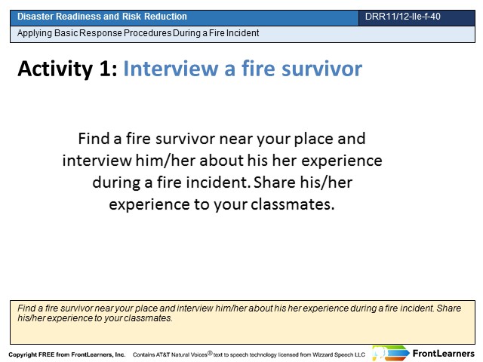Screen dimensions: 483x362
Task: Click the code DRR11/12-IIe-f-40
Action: click(x=402, y=17)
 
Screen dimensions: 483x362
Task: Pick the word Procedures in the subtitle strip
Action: click(x=148, y=33)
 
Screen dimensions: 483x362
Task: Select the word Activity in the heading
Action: click(x=55, y=69)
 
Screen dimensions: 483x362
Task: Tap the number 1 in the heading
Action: click(x=107, y=69)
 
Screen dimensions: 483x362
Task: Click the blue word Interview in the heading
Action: click(x=171, y=69)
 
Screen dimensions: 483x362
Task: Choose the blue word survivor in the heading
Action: click(x=322, y=69)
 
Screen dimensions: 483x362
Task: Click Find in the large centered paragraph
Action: click(x=94, y=139)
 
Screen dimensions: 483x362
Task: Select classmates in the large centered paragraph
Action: click(x=292, y=204)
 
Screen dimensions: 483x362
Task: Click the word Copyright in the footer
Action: click(x=22, y=354)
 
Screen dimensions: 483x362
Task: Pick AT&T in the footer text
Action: click(x=162, y=355)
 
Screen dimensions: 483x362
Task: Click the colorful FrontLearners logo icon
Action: click(x=391, y=353)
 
